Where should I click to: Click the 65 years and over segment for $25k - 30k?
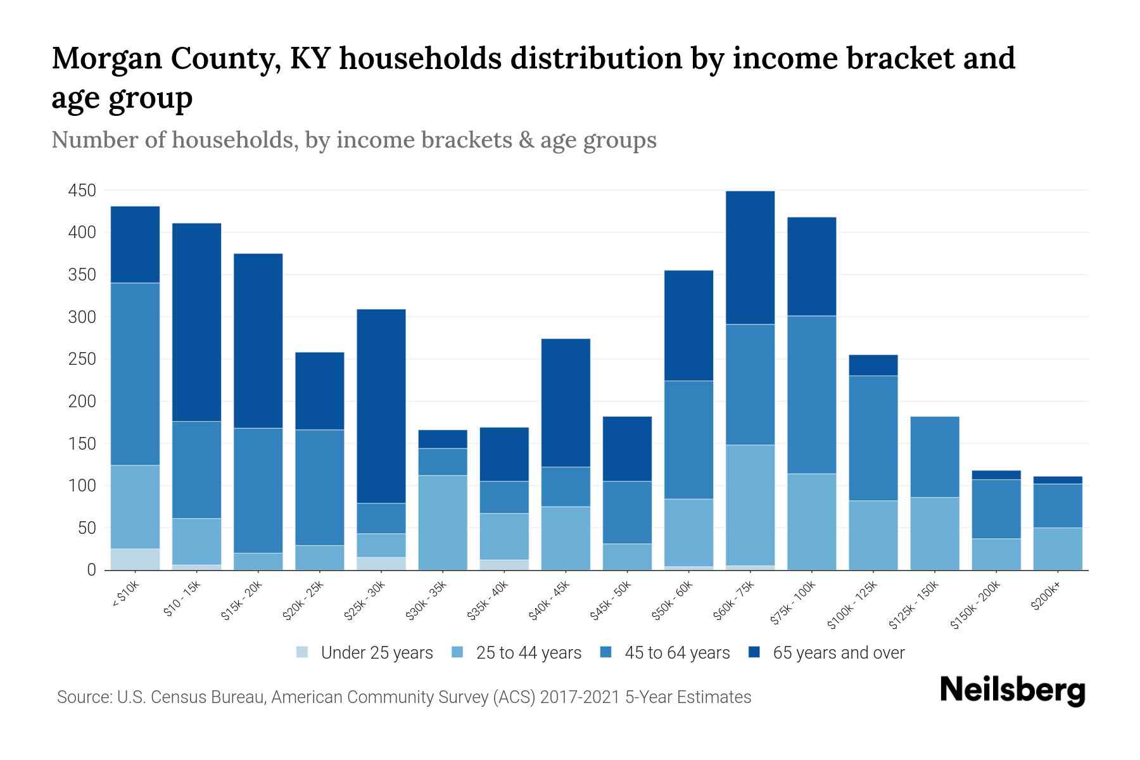[381, 406]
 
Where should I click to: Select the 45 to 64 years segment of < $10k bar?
[135, 374]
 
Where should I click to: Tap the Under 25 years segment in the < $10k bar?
[135, 559]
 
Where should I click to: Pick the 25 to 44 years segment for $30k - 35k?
[443, 522]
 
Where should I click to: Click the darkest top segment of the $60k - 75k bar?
[750, 257]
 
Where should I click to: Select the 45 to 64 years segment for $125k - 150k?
[934, 457]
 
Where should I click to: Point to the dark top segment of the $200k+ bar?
[1057, 480]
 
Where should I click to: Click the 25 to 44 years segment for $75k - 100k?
[811, 522]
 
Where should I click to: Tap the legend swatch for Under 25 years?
[303, 652]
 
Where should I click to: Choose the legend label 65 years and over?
[839, 653]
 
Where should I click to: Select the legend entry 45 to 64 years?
[677, 653]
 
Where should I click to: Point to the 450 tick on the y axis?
[82, 191]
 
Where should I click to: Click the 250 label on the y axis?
[82, 359]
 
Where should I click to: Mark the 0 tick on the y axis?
[91, 570]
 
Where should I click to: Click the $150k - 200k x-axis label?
[976, 605]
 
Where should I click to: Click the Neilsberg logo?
[1012, 690]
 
